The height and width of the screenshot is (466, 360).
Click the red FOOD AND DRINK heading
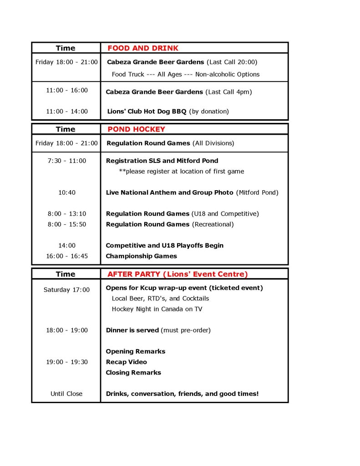point(143,48)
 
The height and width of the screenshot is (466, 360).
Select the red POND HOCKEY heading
point(136,129)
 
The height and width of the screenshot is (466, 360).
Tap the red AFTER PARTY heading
point(177,274)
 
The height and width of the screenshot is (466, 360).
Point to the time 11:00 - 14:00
point(66,111)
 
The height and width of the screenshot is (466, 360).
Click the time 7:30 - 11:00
point(66,161)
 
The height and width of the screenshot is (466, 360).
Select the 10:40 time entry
point(66,192)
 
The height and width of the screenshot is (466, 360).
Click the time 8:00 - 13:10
point(66,213)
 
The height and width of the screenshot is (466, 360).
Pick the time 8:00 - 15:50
point(66,224)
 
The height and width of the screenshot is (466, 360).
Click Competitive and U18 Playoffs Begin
point(164,245)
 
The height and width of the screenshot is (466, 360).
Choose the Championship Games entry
point(141,256)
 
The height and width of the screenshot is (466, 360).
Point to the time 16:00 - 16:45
point(66,256)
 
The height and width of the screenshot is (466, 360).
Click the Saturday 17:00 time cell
point(66,289)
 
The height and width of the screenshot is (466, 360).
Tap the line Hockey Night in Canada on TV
point(157,309)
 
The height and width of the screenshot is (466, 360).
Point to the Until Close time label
point(66,394)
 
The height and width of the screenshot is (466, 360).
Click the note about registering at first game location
point(181,171)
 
